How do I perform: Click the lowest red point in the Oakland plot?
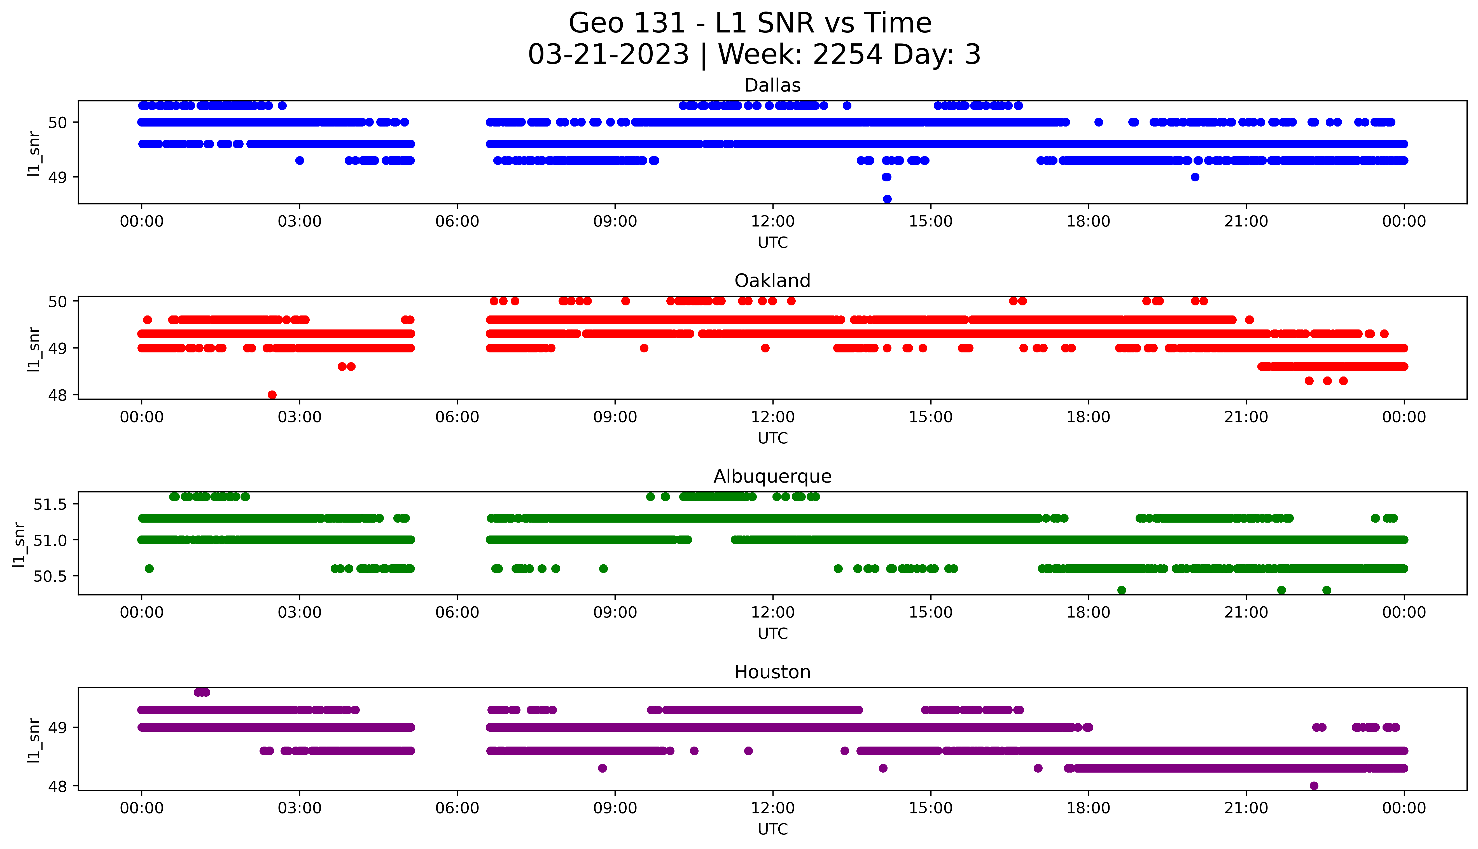click(272, 395)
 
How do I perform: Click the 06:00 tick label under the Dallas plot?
click(457, 222)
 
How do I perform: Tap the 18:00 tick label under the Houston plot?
click(1088, 808)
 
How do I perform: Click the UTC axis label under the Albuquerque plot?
click(772, 633)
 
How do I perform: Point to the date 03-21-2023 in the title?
click(608, 55)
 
